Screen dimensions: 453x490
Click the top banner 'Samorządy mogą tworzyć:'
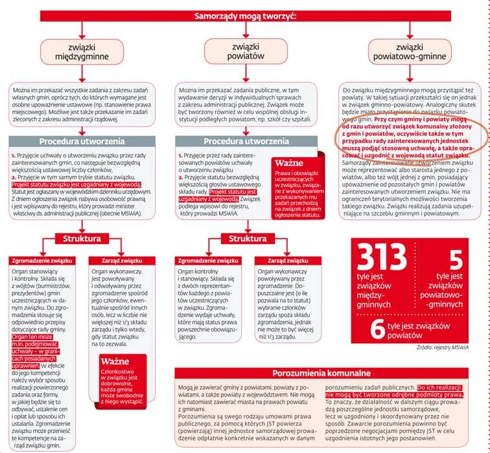coord(245,16)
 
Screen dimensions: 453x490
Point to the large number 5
coord(455,258)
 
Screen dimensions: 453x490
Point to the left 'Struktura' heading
coord(82,238)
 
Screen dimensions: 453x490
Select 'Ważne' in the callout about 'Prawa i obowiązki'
coord(296,162)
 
